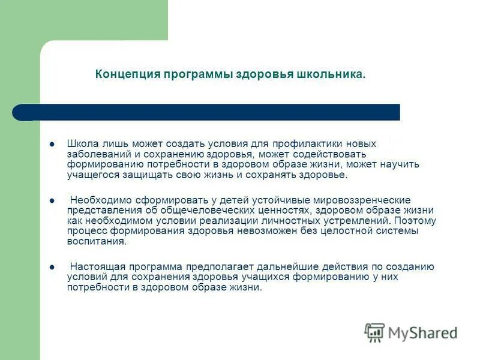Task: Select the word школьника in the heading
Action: [x=331, y=74]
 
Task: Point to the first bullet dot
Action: [x=52, y=144]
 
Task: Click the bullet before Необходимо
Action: [x=52, y=200]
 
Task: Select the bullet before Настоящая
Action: [x=52, y=267]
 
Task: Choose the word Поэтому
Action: [x=416, y=220]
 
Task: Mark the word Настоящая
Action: [x=94, y=266]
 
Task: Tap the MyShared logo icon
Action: [x=375, y=332]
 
